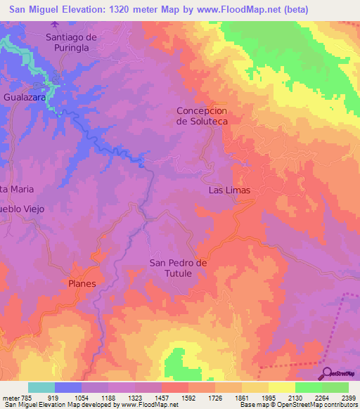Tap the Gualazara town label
pos(25,98)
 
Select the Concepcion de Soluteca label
pos(202,116)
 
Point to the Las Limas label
pos(229,190)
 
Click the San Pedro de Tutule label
pos(179,268)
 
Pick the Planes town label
pos(82,283)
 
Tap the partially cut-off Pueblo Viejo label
pos(22,209)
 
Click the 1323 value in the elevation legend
pos(141,398)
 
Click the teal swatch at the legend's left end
pos(41,387)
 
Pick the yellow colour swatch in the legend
pos(281,387)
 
